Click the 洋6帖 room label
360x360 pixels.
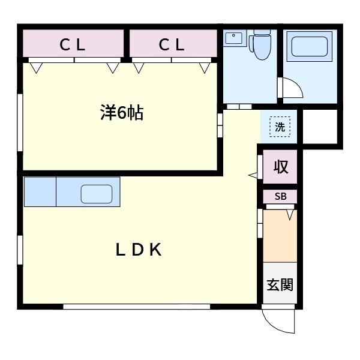tap(121, 113)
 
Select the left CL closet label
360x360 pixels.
tap(73, 44)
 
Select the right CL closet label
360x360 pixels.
tap(172, 44)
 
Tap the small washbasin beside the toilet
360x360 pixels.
tap(232, 39)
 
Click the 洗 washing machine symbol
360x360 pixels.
tap(280, 127)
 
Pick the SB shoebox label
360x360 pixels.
tap(280, 196)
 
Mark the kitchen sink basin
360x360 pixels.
tap(97, 194)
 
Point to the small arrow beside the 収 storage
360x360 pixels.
tap(253, 175)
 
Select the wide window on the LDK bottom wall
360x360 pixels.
tap(136, 307)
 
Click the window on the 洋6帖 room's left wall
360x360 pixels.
tap(20, 121)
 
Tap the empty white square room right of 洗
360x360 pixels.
tap(320, 127)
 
